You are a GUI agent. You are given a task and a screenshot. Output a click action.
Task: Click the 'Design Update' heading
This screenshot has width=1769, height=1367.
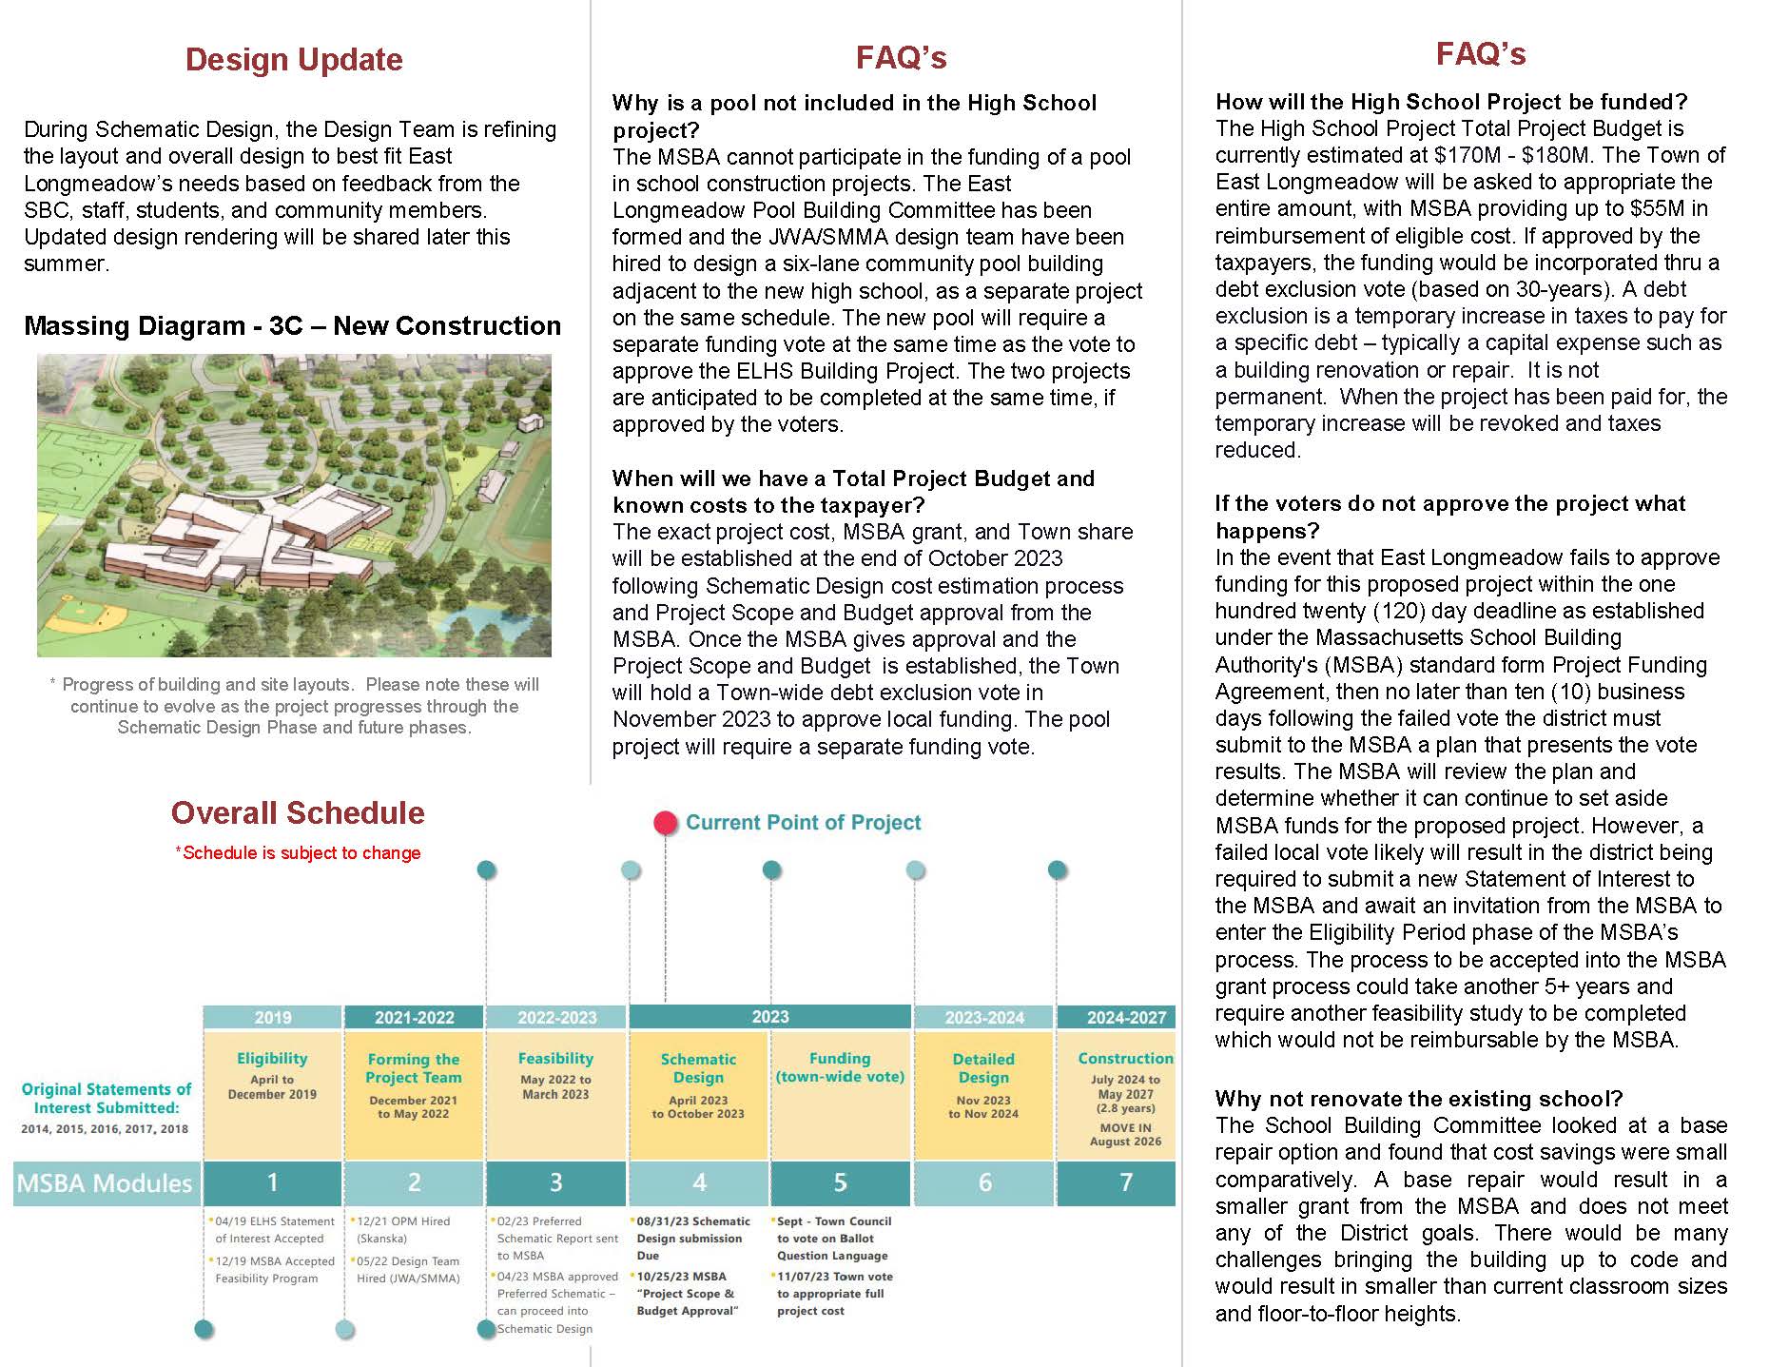[294, 59]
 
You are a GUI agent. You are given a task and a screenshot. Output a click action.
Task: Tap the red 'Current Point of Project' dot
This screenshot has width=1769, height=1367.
[666, 823]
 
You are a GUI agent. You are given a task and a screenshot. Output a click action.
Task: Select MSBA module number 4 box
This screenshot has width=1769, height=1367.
[699, 1182]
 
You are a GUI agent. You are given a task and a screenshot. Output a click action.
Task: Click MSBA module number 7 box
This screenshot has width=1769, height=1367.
[1126, 1182]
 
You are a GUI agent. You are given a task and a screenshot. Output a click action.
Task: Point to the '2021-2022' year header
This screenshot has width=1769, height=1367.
[414, 1017]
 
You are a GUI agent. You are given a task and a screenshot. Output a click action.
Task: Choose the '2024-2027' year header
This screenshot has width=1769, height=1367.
[1126, 1017]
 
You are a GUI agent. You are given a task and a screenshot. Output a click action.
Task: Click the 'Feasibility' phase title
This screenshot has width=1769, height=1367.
[555, 1058]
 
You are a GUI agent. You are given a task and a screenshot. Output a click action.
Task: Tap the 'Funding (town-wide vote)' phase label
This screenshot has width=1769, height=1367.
[840, 1067]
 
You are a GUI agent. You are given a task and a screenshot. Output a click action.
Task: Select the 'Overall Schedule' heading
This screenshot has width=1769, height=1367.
[298, 812]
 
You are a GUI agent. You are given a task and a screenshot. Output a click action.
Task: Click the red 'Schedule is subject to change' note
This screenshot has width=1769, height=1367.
[299, 853]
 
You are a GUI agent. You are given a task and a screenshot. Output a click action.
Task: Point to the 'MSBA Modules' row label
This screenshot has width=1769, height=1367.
[105, 1183]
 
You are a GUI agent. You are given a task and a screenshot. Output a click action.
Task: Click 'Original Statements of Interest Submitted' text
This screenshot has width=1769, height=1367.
[107, 1098]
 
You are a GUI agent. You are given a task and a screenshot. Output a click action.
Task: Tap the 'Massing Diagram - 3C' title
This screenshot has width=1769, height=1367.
[292, 326]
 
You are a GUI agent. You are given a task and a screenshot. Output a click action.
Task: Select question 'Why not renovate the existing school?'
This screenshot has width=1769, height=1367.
[1418, 1099]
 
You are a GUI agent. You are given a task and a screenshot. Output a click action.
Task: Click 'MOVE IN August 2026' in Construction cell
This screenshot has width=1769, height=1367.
[1125, 1135]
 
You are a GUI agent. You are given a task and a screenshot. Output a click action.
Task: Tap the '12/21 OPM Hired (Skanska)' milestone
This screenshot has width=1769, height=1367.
[402, 1229]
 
